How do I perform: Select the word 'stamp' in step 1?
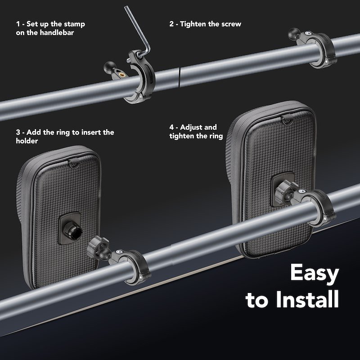74,24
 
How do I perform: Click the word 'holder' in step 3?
27,141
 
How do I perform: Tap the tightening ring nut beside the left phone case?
97,247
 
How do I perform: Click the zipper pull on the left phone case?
73,164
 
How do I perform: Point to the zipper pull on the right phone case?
288,121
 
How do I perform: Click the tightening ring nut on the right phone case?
284,192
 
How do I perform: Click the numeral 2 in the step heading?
171,24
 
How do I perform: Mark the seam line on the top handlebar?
179,77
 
